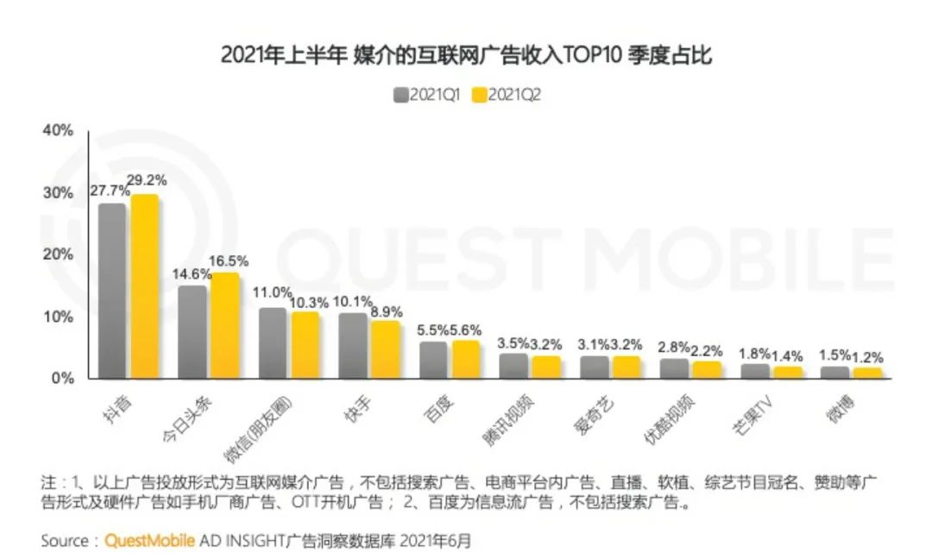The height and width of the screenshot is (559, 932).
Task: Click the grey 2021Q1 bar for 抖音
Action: pyautogui.click(x=112, y=291)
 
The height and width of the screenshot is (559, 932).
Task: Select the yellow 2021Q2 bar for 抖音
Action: pyautogui.click(x=144, y=286)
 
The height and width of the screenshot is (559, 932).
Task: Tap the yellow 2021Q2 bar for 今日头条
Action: pyautogui.click(x=224, y=325)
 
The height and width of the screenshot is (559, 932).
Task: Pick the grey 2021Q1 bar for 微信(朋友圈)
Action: pyautogui.click(x=273, y=342)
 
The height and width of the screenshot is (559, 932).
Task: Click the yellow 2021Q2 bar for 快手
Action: pyautogui.click(x=386, y=349)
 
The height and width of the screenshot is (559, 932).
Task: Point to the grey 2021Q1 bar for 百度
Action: pyautogui.click(x=433, y=360)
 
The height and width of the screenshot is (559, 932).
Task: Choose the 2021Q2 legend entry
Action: pyautogui.click(x=507, y=94)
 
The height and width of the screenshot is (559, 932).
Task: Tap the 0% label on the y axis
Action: pyautogui.click(x=62, y=378)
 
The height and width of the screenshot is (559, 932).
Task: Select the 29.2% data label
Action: pyautogui.click(x=147, y=180)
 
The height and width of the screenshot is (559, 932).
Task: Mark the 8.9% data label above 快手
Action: pyautogui.click(x=385, y=311)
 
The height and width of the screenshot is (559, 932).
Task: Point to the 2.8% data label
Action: pyautogui.click(x=674, y=347)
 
